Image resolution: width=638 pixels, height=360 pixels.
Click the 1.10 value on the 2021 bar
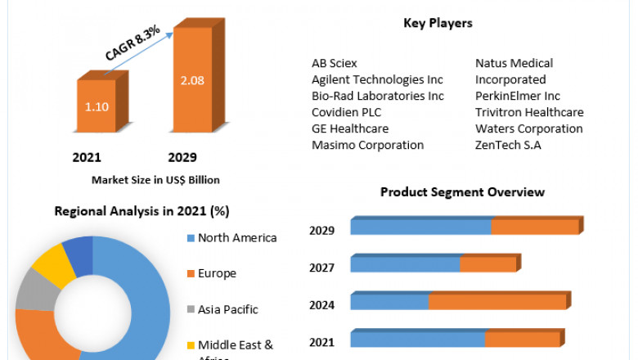point(97,106)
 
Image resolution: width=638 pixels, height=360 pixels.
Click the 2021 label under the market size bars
point(87,157)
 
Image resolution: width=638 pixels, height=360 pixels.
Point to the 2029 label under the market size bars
point(182,157)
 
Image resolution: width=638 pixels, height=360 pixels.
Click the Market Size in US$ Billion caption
point(155,179)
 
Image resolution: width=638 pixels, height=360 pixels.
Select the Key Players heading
point(438,23)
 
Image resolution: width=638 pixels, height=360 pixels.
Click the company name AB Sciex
point(335,63)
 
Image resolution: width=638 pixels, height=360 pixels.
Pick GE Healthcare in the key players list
point(350,128)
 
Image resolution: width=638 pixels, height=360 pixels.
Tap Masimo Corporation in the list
point(367,145)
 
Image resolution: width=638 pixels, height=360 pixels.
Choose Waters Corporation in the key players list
point(528,128)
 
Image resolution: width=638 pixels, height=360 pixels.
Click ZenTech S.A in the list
point(508,145)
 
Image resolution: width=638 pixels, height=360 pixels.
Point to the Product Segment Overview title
point(462,192)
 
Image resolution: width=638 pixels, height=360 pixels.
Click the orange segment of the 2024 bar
point(497,302)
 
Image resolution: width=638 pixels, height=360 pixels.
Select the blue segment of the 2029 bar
point(420,227)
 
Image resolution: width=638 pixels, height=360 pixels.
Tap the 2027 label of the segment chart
point(321,267)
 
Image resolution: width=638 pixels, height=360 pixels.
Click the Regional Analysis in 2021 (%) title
point(142,211)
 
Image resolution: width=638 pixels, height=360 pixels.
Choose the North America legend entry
point(237,238)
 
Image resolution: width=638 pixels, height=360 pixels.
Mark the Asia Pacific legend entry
point(227,309)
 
